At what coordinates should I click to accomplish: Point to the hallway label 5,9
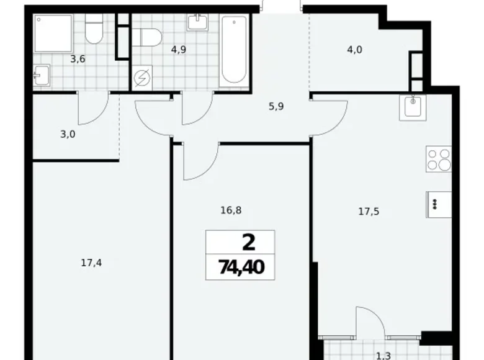[276, 106]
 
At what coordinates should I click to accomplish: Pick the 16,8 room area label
[230, 210]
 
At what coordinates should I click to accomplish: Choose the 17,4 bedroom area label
[91, 263]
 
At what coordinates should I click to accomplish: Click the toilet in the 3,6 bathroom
[94, 30]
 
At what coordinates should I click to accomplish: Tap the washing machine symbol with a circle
[140, 79]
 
